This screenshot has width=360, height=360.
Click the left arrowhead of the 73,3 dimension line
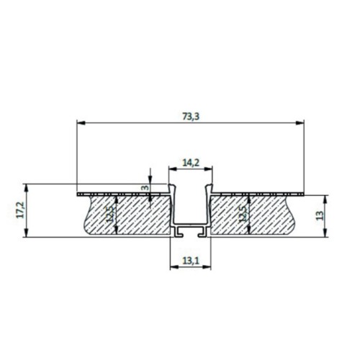(x=79, y=122)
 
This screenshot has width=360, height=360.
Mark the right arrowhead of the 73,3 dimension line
(x=301, y=122)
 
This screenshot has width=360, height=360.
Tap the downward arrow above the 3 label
(x=149, y=180)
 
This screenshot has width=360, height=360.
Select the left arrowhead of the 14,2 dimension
(x=171, y=168)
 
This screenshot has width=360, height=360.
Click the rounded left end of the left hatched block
(x=87, y=216)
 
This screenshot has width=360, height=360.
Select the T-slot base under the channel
(x=191, y=232)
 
